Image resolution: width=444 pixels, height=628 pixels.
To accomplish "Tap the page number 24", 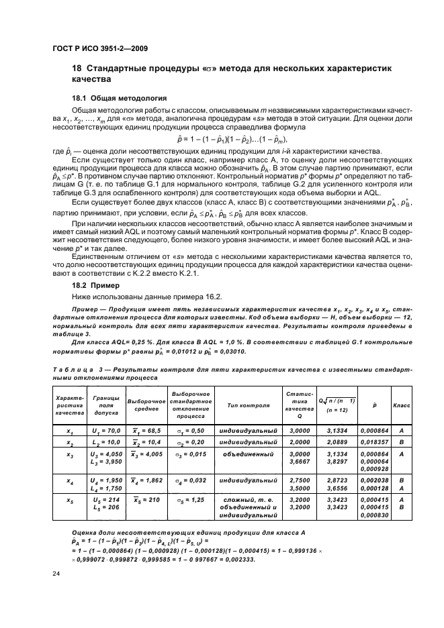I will [x=54, y=573].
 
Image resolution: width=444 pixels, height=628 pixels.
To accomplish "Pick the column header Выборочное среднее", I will [x=146, y=406].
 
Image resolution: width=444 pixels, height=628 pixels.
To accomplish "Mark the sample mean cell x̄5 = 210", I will [x=146, y=500].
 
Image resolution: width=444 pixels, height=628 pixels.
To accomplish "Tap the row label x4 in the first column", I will [x=71, y=481].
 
